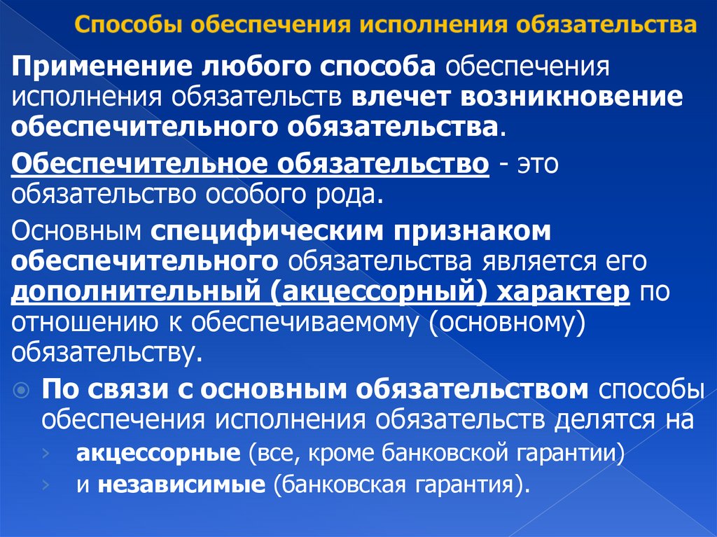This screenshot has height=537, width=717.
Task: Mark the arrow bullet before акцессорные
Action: tap(46, 454)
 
